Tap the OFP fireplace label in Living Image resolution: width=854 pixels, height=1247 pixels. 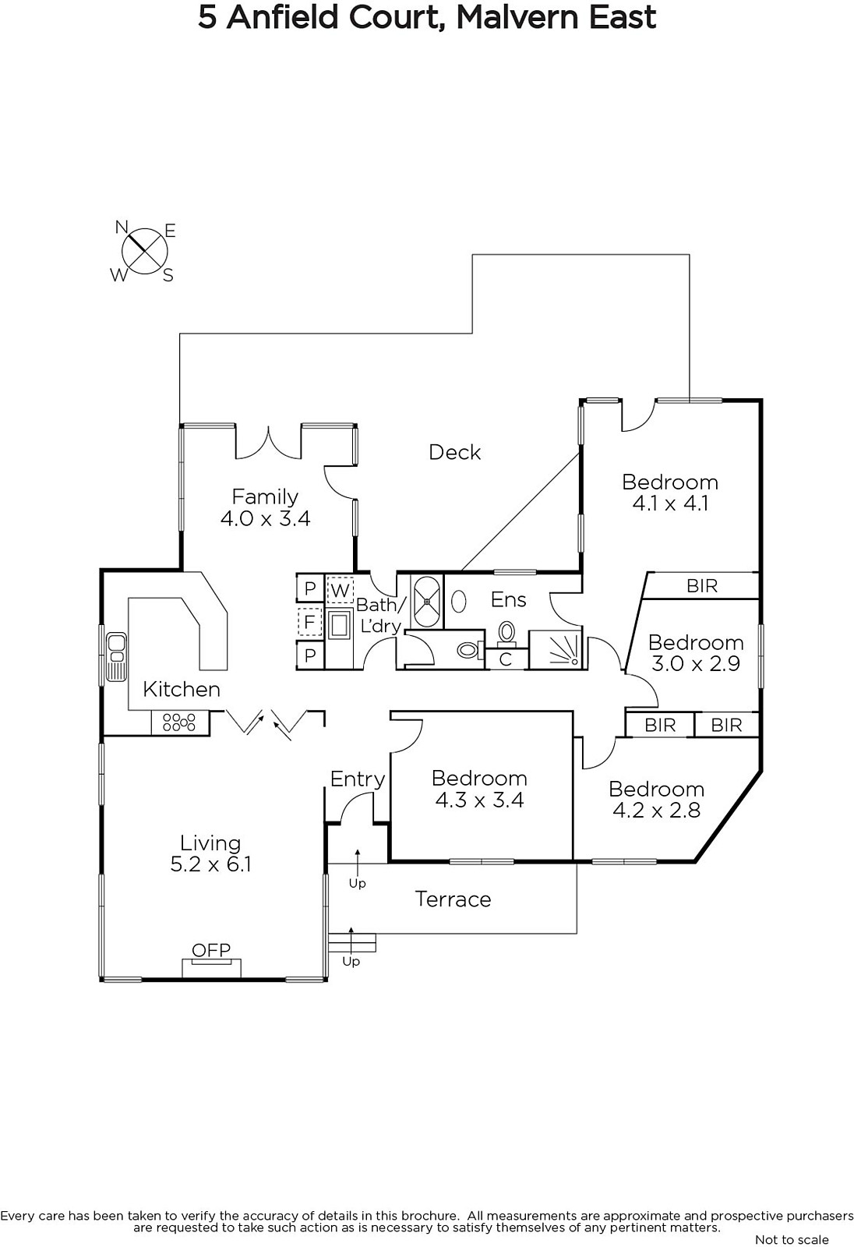coord(211,950)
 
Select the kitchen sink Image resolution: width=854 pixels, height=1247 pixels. coord(116,656)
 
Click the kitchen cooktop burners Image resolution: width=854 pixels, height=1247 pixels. coord(178,722)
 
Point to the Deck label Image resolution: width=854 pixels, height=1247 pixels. coord(454,452)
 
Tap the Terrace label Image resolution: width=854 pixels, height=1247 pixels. coord(453,899)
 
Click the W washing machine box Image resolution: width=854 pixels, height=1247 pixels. coord(340,590)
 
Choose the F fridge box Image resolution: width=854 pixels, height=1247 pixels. coord(310,621)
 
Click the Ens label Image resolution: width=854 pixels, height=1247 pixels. coord(508,599)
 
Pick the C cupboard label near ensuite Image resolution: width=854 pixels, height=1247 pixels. coord(506,659)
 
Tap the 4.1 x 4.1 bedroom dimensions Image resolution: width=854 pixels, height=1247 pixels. coord(670,503)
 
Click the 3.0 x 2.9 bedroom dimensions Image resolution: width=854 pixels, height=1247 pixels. coord(696,663)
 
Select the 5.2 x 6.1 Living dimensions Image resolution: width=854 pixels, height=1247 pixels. coord(210,864)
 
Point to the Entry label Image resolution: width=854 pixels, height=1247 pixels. coord(358,779)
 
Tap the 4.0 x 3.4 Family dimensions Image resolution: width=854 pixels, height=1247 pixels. coord(266,518)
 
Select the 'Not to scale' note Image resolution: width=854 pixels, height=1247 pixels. coord(792,1239)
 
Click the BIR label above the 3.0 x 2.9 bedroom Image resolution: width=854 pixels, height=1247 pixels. coord(702,585)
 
